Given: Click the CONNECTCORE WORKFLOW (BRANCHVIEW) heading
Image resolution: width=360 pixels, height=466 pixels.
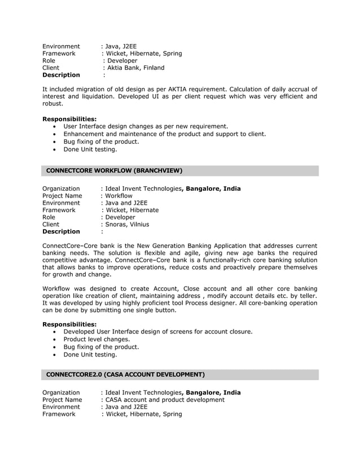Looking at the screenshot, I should tap(114, 170).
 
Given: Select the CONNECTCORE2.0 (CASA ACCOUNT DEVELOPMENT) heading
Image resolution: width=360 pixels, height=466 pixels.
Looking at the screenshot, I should tap(125, 374).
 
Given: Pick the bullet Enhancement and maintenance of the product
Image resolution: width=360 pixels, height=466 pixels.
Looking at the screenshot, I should tap(164, 134).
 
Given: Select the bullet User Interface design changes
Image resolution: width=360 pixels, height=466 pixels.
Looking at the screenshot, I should tap(146, 126).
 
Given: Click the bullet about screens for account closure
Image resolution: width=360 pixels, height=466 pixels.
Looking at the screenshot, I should tap(157, 331).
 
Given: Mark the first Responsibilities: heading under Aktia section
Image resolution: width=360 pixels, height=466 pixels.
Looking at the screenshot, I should tap(69, 119).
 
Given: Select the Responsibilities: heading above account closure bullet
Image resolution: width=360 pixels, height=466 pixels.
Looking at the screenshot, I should tap(69, 324).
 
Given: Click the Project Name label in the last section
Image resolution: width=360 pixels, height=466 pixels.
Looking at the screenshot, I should tap(62, 399).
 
